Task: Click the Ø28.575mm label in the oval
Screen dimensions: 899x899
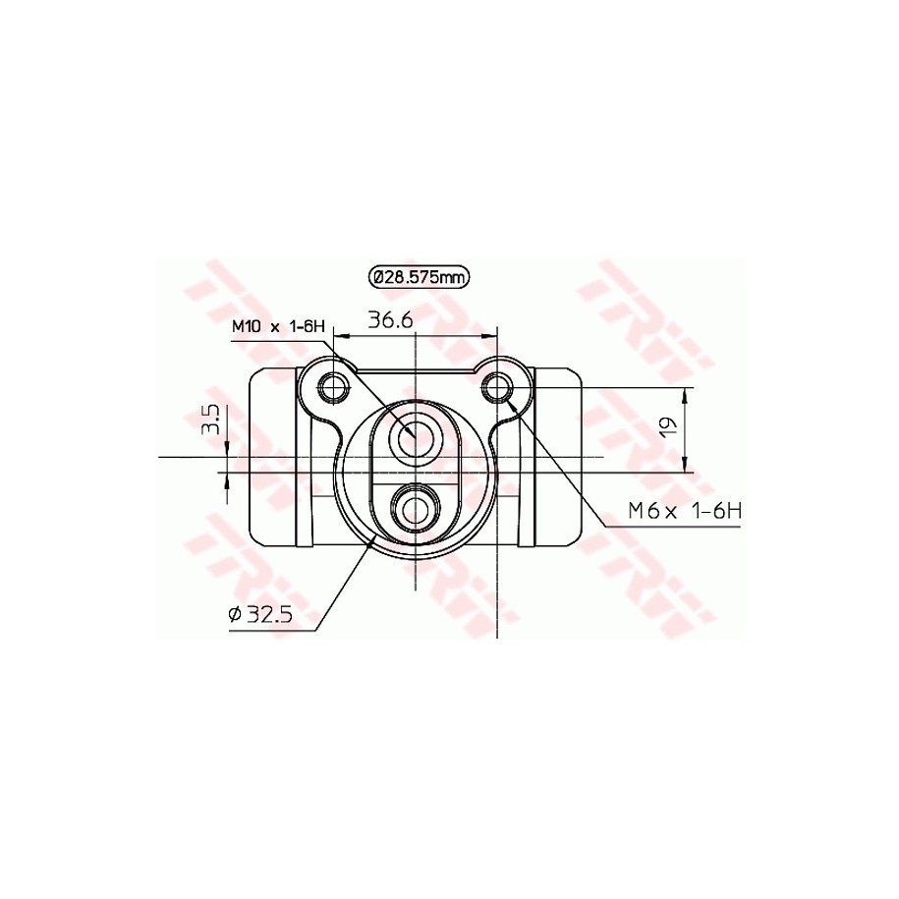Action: coord(419,277)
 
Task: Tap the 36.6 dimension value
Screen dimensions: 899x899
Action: coord(390,319)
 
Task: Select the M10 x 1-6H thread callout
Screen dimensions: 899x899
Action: coord(278,327)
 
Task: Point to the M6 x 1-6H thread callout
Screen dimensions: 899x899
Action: coord(685,510)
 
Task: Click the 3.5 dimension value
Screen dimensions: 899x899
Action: coord(211,419)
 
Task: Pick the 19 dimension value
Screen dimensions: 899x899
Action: coord(668,426)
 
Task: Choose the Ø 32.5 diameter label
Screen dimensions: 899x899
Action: coord(260,615)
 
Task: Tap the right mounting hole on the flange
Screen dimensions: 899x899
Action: coord(497,387)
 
